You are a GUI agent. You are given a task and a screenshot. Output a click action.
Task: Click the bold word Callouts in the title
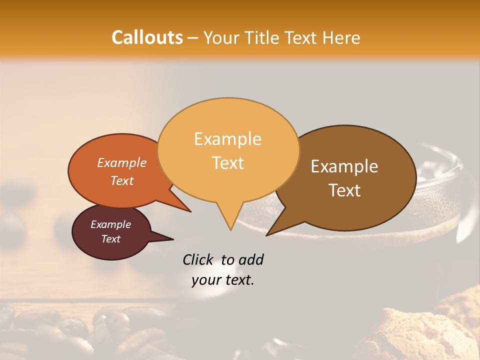[147, 37]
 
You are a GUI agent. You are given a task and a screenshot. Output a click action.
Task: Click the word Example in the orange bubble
[121, 162]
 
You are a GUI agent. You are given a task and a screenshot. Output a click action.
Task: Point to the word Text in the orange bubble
[121, 180]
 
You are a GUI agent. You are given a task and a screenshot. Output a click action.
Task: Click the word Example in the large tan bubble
[227, 139]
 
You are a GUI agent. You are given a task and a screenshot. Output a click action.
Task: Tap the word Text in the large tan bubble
[227, 163]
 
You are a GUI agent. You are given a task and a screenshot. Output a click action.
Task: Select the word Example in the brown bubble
[344, 166]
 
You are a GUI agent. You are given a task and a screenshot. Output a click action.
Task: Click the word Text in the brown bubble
[344, 190]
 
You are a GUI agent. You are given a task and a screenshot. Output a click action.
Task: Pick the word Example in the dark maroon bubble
[110, 224]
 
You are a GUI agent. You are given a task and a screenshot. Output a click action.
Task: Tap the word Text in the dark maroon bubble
[110, 239]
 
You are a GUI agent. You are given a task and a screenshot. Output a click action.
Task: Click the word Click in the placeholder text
[197, 259]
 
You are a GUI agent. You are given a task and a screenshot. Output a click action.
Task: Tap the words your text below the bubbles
[223, 280]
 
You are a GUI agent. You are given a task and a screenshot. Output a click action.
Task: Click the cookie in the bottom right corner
[420, 335]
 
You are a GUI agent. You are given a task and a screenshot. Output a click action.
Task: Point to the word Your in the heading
[220, 37]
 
